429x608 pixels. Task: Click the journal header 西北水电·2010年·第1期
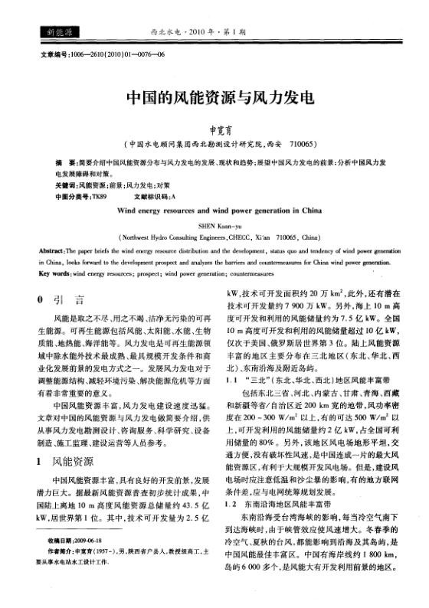(214, 32)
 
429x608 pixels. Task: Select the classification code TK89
(98, 196)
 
